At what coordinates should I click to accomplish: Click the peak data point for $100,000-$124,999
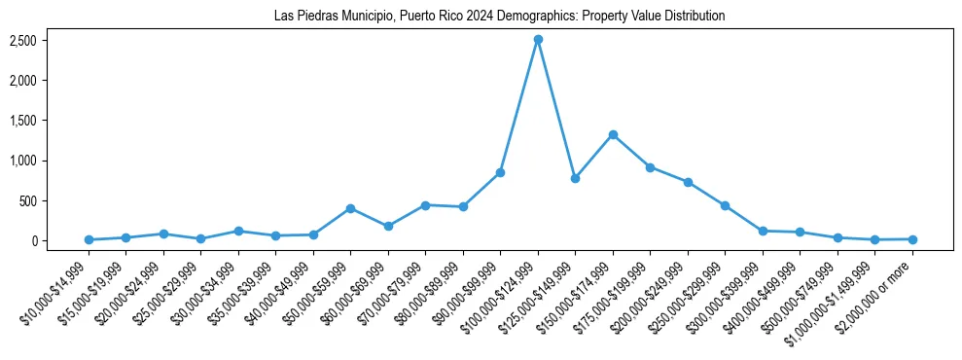pos(538,39)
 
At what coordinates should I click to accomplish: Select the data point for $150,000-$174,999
pos(613,134)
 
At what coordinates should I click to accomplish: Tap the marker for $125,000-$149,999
pos(575,178)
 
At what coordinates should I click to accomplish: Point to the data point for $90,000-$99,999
pos(500,172)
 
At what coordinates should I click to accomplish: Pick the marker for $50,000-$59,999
pos(350,208)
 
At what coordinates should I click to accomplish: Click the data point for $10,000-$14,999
pos(89,239)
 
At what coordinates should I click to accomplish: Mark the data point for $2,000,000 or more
pos(912,239)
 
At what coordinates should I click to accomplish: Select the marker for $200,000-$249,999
pos(688,182)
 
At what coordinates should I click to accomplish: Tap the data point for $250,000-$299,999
pos(725,205)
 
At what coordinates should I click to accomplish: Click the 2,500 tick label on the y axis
pos(23,40)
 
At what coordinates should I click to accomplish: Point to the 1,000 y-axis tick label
pos(23,161)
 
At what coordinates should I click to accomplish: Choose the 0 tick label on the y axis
pos(32,241)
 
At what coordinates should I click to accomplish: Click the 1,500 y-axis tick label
pos(23,121)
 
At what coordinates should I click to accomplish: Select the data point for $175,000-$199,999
pos(650,167)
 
